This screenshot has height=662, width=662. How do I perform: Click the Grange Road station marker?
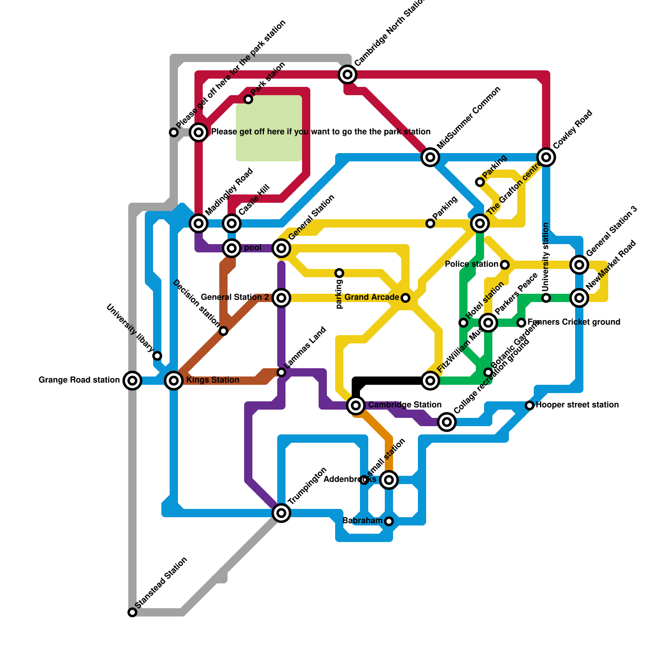132,380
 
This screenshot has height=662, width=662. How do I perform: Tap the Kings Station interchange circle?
174,380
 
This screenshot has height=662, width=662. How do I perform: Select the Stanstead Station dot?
132,612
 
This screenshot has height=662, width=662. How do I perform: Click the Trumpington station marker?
281,513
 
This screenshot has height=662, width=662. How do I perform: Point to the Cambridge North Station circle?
348,74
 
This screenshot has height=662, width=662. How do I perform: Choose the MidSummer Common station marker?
430,157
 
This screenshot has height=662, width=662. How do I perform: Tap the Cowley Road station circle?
546,157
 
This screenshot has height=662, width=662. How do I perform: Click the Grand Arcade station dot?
405,298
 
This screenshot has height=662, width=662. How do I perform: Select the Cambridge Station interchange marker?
356,405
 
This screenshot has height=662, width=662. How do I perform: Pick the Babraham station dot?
389,521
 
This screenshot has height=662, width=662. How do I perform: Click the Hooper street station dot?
530,405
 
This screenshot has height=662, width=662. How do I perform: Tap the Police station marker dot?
505,265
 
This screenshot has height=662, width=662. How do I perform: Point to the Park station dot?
248,99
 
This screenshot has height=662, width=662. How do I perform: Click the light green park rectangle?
269,128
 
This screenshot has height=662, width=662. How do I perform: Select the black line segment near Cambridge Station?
389,380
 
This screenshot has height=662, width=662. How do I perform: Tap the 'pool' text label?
253,248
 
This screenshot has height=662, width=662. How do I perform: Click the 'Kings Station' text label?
213,380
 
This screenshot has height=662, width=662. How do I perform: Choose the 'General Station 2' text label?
235,297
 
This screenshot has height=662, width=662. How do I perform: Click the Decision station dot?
223,331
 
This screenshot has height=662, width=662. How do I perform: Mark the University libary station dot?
157,356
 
